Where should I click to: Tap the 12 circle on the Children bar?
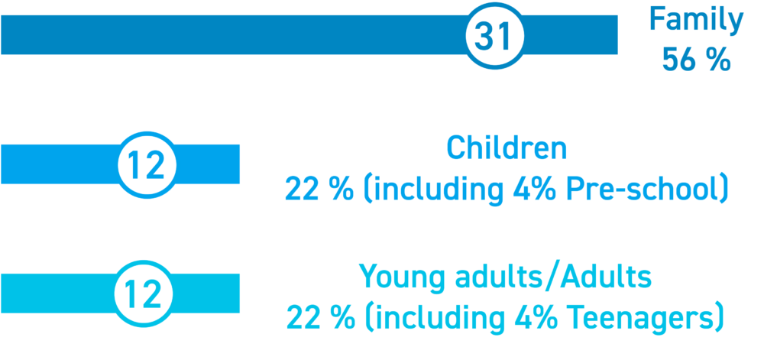pyautogui.click(x=147, y=164)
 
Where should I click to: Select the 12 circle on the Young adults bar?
pyautogui.click(x=144, y=294)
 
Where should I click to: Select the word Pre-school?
pyautogui.click(x=639, y=190)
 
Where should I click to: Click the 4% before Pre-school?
pyautogui.click(x=535, y=190)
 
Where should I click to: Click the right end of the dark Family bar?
pyautogui.click(x=617, y=34)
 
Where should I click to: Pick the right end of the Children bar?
pyautogui.click(x=238, y=164)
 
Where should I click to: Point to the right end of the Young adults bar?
pyautogui.click(x=238, y=294)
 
